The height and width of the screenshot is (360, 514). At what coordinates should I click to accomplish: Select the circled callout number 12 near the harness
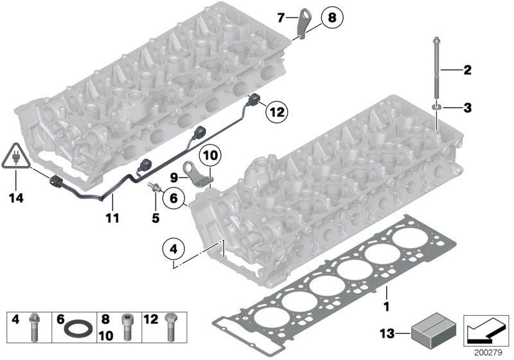tap(276, 111)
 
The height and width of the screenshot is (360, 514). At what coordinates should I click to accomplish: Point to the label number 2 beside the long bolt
tap(467, 69)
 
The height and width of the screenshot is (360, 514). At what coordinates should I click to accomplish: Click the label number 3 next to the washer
tap(467, 107)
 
